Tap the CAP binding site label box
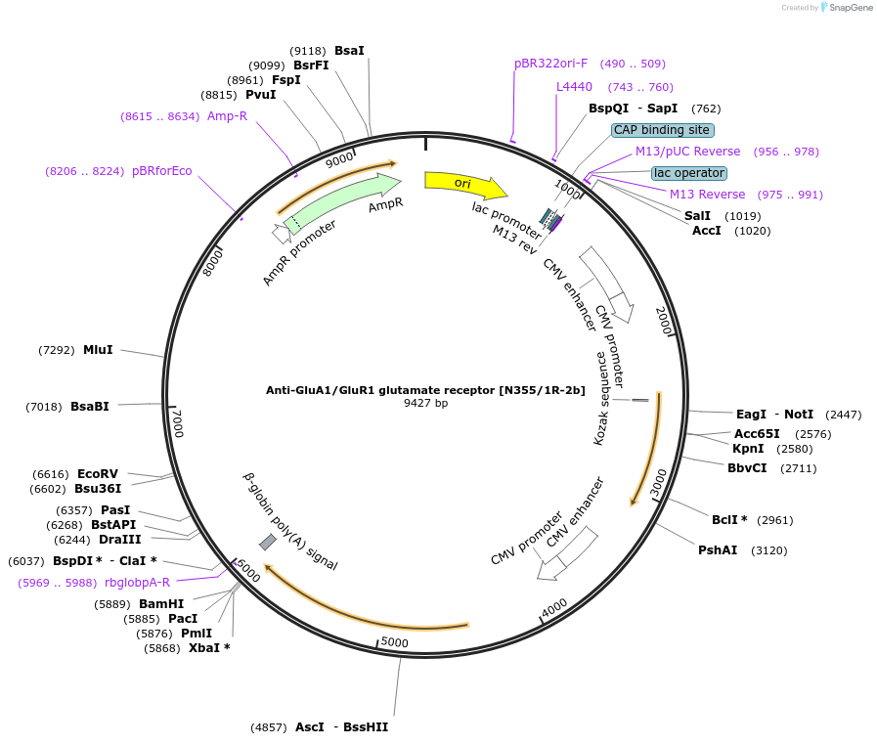663,130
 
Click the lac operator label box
689,173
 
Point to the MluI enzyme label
98,350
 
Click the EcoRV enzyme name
98,473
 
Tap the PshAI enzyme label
718,550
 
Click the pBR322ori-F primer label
551,64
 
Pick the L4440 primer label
574,87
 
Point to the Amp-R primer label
227,116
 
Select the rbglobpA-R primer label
137,583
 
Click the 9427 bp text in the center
425,403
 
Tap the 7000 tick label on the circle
177,422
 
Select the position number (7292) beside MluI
57,350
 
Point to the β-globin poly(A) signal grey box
267,542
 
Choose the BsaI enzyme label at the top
349,50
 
